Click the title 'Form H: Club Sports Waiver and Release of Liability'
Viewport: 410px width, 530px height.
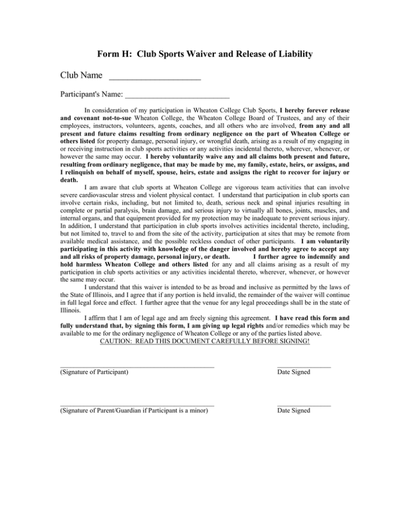coord(205,54)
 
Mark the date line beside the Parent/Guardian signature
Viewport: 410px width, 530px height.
coord(304,406)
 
